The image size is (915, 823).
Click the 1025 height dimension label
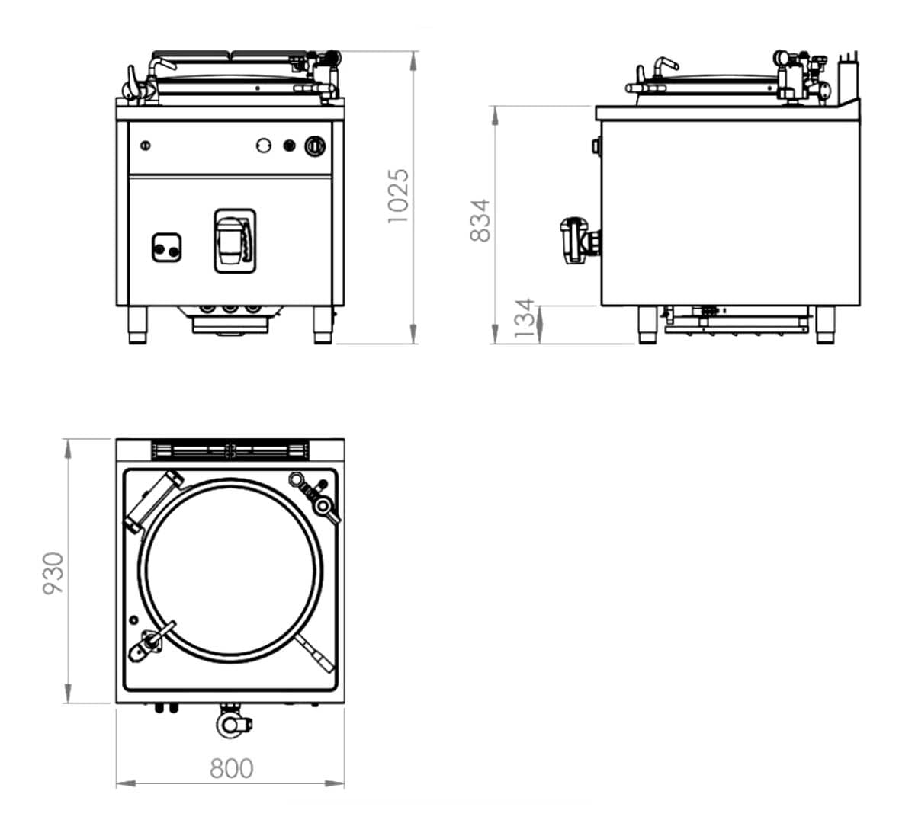click(x=398, y=196)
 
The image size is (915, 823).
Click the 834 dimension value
click(x=480, y=221)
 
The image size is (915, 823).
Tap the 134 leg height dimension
click(x=525, y=319)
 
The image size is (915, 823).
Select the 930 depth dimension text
click(x=53, y=574)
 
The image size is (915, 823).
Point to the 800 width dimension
click(x=231, y=768)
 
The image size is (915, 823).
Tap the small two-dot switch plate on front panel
click(x=166, y=248)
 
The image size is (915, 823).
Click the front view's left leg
click(x=137, y=325)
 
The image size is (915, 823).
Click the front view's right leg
click(x=323, y=325)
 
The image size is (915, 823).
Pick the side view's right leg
click(x=825, y=325)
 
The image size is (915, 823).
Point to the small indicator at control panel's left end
click(x=146, y=145)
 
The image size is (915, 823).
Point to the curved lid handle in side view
click(x=660, y=66)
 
